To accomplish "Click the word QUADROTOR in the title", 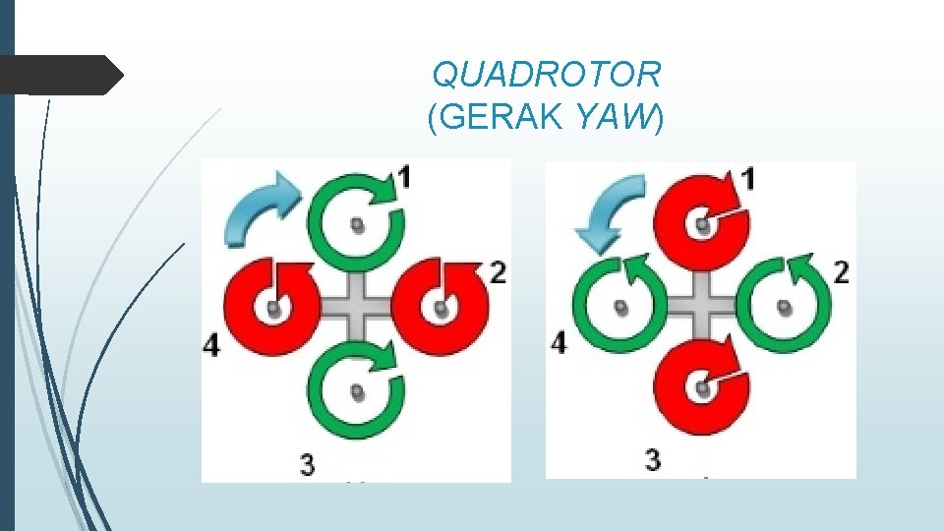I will point(547,74).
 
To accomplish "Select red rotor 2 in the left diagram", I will point(440,306).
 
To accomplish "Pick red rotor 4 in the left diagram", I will point(272,306).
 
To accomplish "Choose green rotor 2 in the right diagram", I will point(784,306).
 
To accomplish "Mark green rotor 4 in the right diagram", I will point(619,306).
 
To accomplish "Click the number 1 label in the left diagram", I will point(405,177).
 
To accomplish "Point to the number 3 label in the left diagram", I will point(308,463).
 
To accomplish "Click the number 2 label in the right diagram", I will point(841,272).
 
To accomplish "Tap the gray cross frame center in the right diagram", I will point(702,306).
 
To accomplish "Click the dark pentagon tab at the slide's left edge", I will point(59,75).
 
